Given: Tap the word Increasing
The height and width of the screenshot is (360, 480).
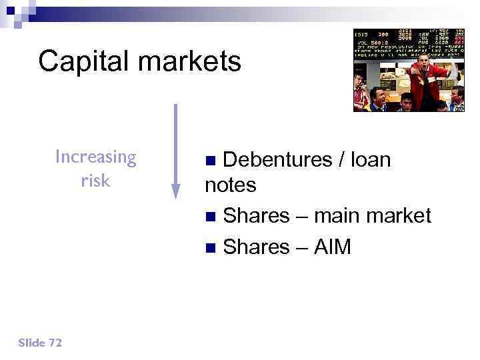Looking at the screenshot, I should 95,157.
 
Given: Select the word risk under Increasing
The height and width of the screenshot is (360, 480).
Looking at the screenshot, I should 95,181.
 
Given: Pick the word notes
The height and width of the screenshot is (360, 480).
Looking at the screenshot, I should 231,185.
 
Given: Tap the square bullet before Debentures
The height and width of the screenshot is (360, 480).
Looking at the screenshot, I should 211,161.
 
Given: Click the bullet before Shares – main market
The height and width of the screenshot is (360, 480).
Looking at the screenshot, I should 211,217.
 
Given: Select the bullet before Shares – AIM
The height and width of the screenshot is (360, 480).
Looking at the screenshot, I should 211,248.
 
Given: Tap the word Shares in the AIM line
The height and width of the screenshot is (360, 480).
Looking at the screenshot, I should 256,247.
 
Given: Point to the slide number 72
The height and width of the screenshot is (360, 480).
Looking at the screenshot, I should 55,343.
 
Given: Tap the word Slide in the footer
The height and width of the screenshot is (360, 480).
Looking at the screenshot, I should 31,343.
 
